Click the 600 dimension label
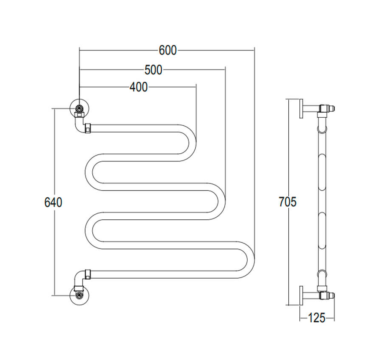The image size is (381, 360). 168,50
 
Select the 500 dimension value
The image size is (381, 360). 153,70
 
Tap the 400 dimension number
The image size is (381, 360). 138,87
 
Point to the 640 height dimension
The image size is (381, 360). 53,202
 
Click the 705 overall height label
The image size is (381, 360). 287,202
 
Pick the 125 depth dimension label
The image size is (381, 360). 316,318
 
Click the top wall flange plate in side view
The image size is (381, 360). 301,109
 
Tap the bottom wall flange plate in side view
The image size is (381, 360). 301,296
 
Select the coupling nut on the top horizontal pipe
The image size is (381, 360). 88,128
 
